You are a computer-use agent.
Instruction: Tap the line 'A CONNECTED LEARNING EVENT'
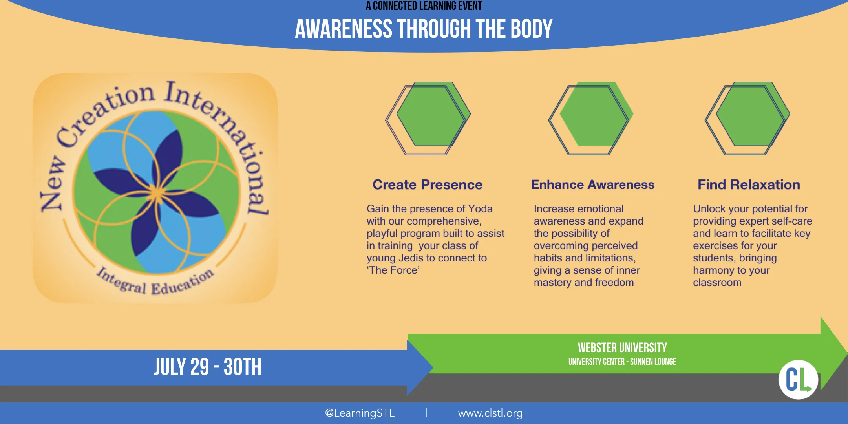[x=424, y=6]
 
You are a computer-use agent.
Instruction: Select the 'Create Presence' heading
[x=427, y=185]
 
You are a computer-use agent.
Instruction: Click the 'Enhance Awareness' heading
[x=592, y=185]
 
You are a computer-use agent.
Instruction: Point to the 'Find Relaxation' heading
[x=749, y=185]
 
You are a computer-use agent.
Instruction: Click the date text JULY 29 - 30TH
[x=207, y=367]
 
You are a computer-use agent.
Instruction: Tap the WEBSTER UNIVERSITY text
[x=622, y=347]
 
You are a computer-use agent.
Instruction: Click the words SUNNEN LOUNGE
[x=653, y=362]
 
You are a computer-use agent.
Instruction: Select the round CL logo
[x=798, y=379]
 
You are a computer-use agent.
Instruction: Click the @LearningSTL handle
[x=360, y=413]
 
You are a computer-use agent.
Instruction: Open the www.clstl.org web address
[x=490, y=413]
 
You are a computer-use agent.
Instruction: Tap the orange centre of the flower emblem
[x=157, y=193]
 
